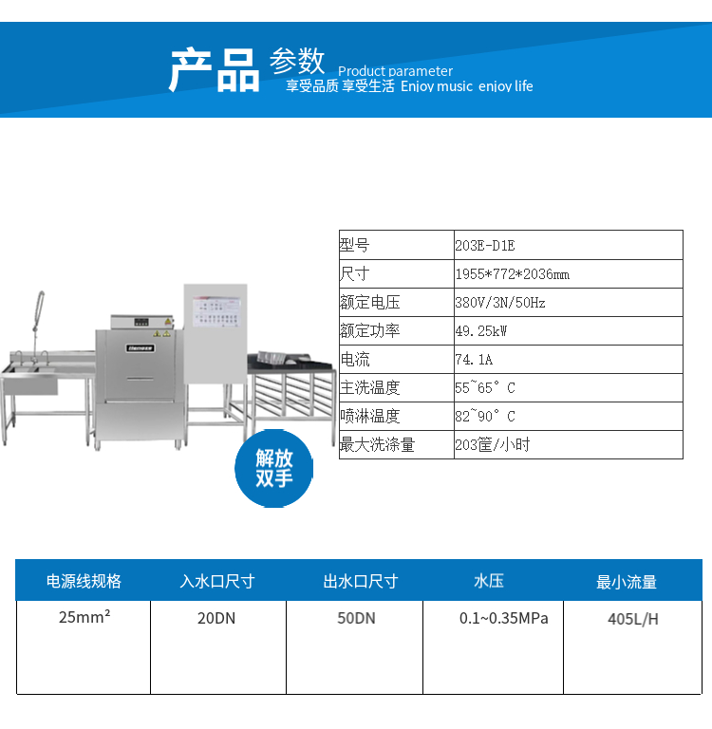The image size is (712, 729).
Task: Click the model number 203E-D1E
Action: (x=485, y=245)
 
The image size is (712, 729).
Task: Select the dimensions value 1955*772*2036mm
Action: (x=513, y=273)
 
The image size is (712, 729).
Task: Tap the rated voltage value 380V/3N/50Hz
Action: (x=500, y=303)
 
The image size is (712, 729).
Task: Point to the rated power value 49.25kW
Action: (x=481, y=331)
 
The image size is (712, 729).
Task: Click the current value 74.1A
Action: (x=474, y=360)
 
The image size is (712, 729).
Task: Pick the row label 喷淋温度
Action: (x=369, y=416)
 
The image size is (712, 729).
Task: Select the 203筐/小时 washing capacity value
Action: (x=493, y=444)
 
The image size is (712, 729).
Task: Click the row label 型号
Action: (x=354, y=245)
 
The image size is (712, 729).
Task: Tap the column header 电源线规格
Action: (x=84, y=581)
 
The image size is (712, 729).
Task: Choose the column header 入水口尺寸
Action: (x=217, y=581)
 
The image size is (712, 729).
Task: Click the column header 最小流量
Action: (x=627, y=582)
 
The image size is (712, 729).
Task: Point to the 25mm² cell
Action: (x=84, y=616)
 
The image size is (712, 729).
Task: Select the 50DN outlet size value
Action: (x=356, y=618)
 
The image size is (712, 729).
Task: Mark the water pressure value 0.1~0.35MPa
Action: (x=504, y=618)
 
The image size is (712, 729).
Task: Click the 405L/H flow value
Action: (x=633, y=619)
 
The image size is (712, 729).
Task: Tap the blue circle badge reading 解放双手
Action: (x=274, y=468)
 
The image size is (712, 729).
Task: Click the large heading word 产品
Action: (x=214, y=69)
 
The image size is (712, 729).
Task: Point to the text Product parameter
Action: (x=395, y=71)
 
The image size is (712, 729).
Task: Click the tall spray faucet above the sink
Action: (x=37, y=326)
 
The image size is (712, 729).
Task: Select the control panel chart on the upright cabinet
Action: (x=216, y=311)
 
